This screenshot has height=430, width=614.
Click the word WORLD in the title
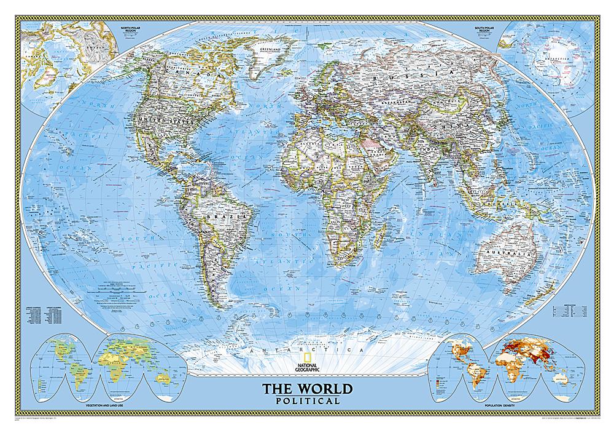[x=325, y=389]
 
